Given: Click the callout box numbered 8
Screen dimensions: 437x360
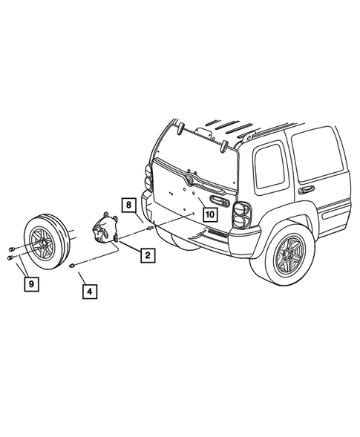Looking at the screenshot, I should click(128, 203).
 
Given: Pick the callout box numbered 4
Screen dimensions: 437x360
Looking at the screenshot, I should click(89, 292).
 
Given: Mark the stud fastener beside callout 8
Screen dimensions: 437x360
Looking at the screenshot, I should click(149, 228).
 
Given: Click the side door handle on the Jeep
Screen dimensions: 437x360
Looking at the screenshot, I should click(304, 190).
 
